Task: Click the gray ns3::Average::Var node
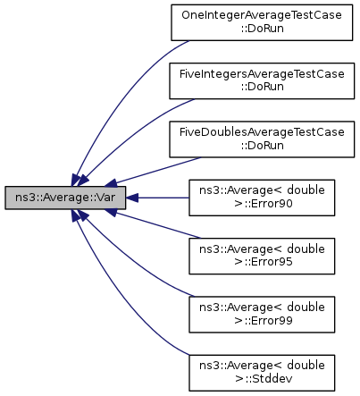click(65, 198)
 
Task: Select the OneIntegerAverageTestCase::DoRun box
click(262, 22)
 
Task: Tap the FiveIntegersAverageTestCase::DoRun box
click(262, 80)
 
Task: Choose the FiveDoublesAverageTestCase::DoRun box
click(262, 139)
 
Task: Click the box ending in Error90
click(262, 198)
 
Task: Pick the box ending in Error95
click(262, 256)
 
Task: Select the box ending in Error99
click(262, 315)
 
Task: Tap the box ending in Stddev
click(262, 373)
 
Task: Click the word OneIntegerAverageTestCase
click(262, 15)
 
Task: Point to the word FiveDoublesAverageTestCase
click(262, 132)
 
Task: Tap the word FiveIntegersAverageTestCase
click(262, 73)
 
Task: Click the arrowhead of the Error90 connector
click(132, 198)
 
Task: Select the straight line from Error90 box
click(163, 198)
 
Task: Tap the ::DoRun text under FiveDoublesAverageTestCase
click(262, 146)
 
